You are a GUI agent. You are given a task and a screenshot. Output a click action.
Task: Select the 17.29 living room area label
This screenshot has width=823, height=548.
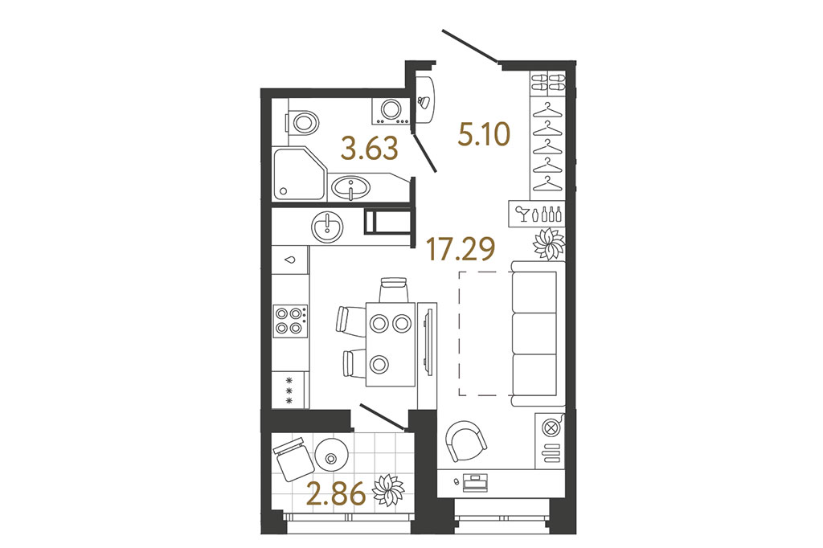tap(461, 248)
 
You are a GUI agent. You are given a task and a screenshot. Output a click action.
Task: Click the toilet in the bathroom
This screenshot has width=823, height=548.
tap(302, 124)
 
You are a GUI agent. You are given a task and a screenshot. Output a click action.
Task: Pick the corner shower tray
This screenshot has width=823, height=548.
tap(299, 174)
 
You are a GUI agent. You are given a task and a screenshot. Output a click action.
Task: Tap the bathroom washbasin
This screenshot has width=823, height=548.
tap(350, 187)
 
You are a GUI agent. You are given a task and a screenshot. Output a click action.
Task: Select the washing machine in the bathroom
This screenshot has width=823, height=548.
tap(391, 111)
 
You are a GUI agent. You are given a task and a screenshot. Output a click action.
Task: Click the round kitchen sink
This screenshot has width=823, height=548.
tap(328, 227)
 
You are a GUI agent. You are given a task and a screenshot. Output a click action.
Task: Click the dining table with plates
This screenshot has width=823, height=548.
tap(391, 344)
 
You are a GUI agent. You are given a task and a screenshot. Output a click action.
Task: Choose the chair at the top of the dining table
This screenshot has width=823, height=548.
tap(394, 289)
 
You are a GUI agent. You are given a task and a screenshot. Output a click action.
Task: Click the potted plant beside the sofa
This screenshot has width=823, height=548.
tap(549, 244)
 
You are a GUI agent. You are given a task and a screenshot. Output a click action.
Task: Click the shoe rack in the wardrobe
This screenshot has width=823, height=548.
tap(548, 82)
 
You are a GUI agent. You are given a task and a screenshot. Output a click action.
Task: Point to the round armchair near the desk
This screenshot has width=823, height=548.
tap(465, 441)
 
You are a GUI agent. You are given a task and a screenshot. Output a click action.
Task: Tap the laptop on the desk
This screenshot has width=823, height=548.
tap(476, 483)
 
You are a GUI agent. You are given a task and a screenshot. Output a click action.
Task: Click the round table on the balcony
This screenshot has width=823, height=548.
tap(332, 456)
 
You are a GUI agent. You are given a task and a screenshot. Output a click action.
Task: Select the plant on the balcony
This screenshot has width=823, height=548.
tap(388, 489)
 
